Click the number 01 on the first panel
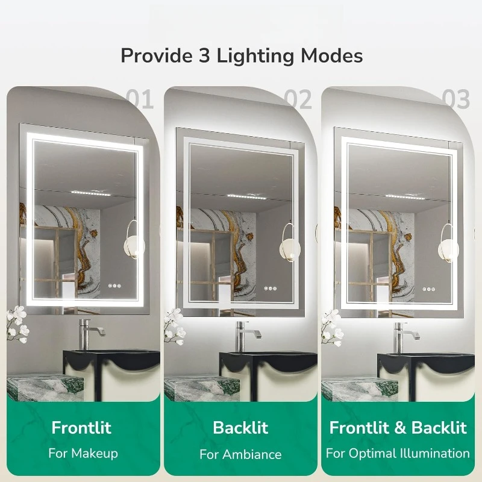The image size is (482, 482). point(140,99)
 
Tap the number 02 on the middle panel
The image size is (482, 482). point(298,99)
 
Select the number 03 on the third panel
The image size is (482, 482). point(455,99)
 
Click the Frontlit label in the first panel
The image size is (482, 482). point(81,428)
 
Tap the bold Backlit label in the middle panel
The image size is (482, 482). point(240,428)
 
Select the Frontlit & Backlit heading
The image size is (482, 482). point(398,428)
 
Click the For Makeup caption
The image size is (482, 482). point(83,453)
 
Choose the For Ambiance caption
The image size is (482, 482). point(240,454)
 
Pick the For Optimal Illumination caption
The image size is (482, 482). point(398,453)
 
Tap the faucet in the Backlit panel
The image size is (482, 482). point(244,335)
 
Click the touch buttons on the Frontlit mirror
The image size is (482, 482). point(114,288)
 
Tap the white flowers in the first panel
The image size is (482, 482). point(18,322)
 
